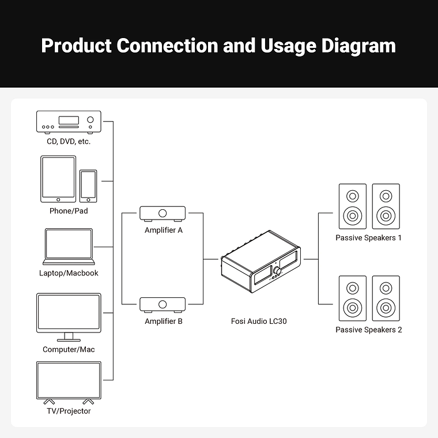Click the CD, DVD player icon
(69, 122)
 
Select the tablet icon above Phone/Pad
(58, 179)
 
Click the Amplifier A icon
(163, 214)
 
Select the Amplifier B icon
(163, 304)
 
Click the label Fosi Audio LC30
(259, 321)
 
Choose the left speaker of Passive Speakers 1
(352, 206)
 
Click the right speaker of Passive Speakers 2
(386, 299)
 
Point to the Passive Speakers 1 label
(368, 237)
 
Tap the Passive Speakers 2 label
(368, 330)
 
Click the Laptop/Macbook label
(69, 273)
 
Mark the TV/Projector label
(69, 411)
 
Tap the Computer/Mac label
(69, 349)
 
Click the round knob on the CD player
(90, 121)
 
